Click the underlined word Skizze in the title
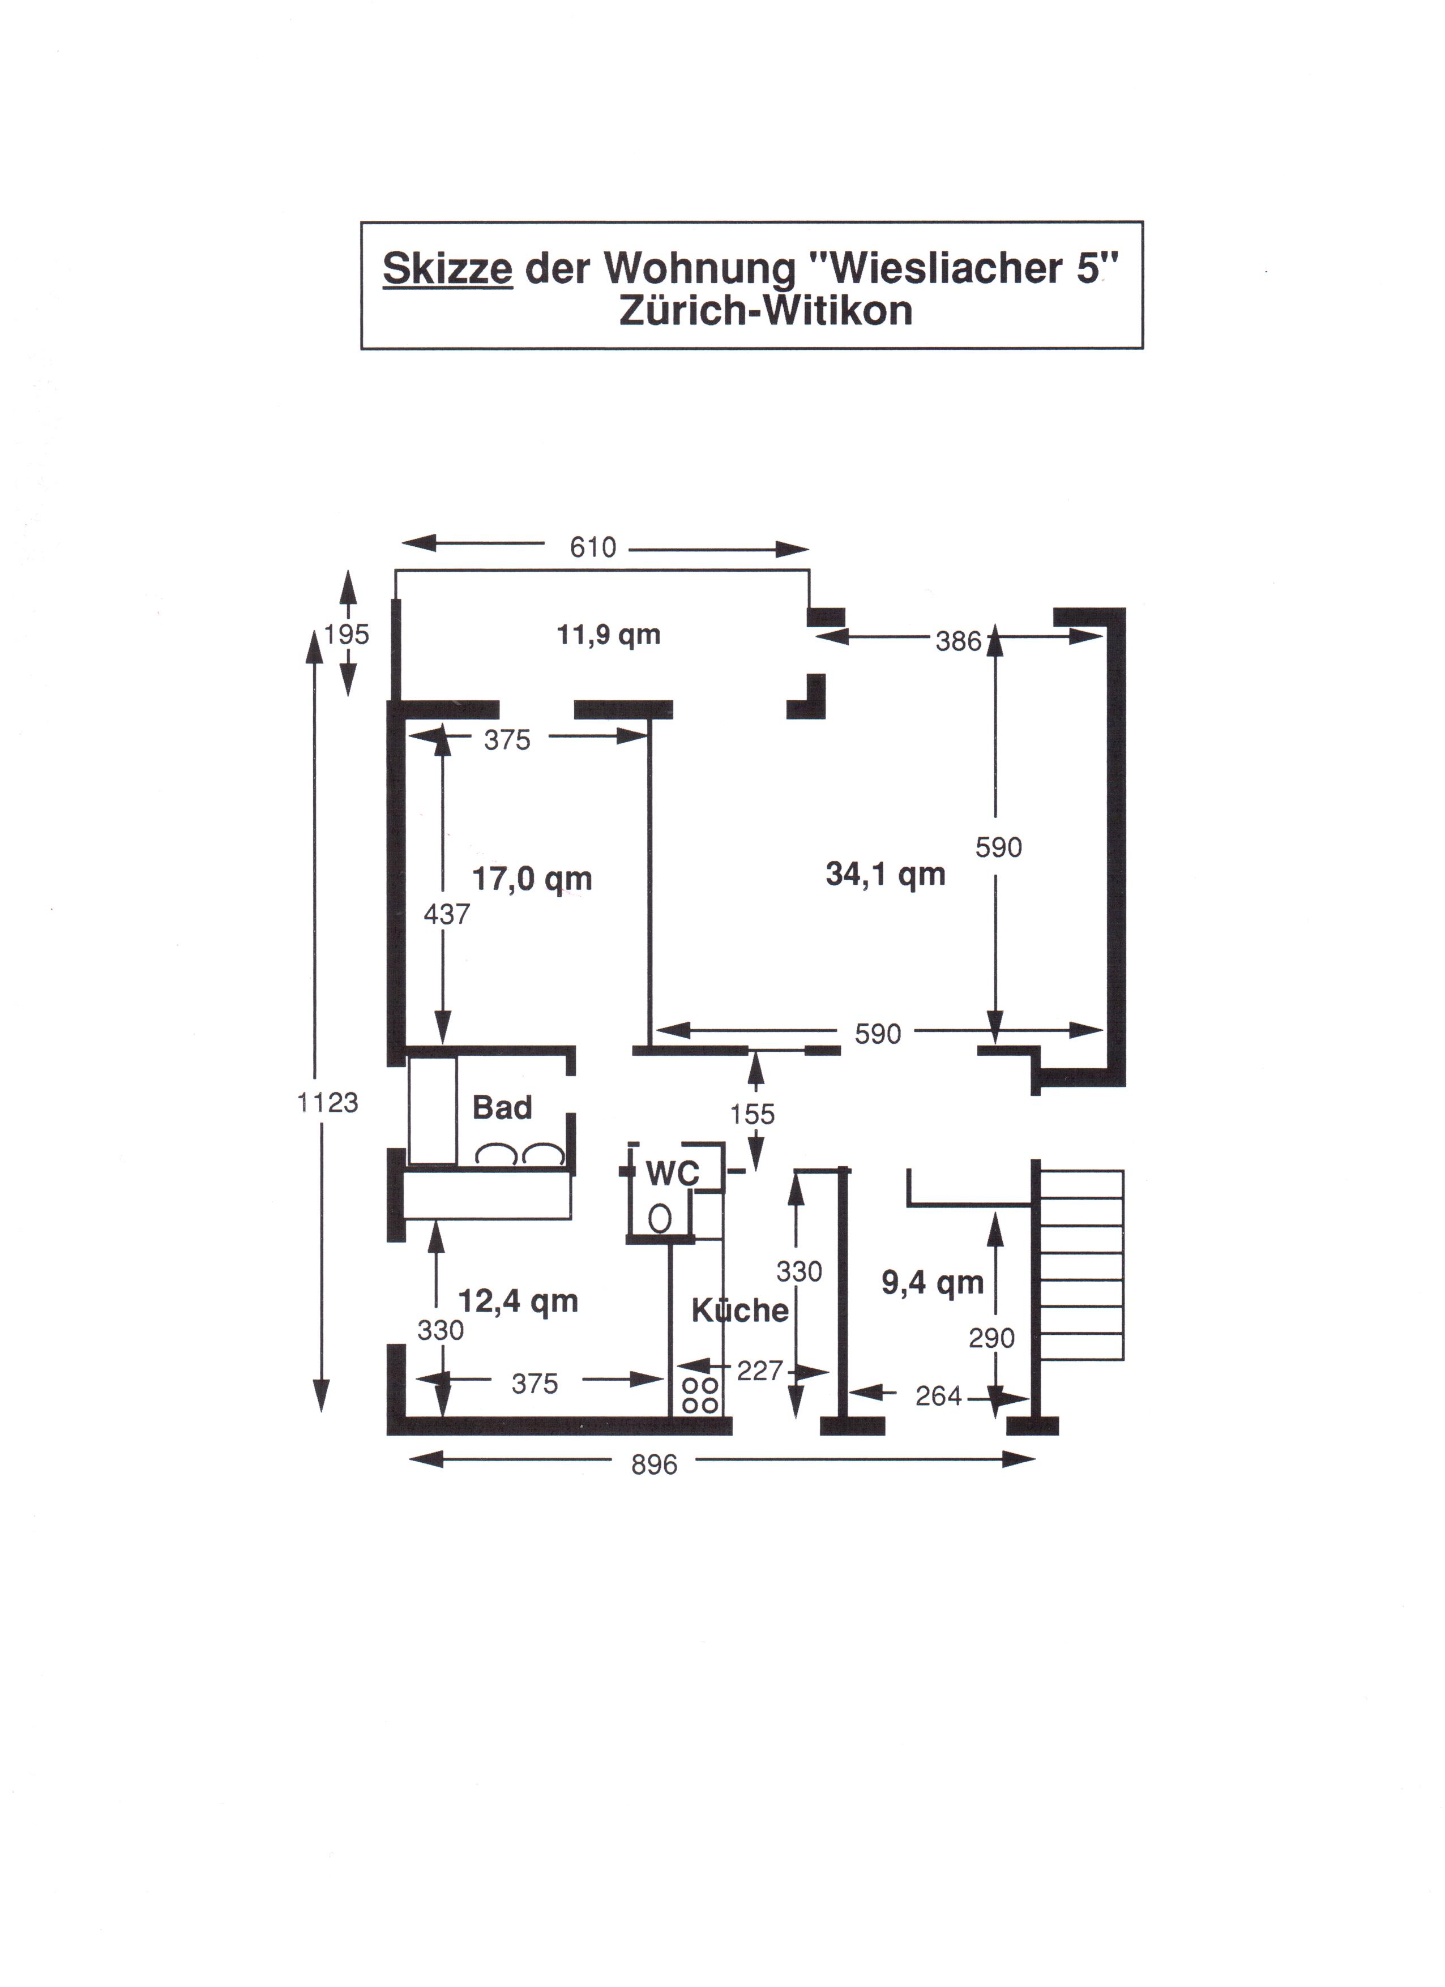point(448,269)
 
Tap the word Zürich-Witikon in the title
point(766,311)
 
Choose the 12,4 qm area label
point(519,1301)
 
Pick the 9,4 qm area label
point(933,1283)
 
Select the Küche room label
point(741,1310)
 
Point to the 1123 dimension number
point(328,1102)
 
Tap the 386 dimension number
point(959,642)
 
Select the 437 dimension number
point(447,915)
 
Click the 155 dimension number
point(753,1115)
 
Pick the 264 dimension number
point(938,1395)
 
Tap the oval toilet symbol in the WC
point(660,1218)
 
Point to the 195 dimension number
point(347,634)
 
